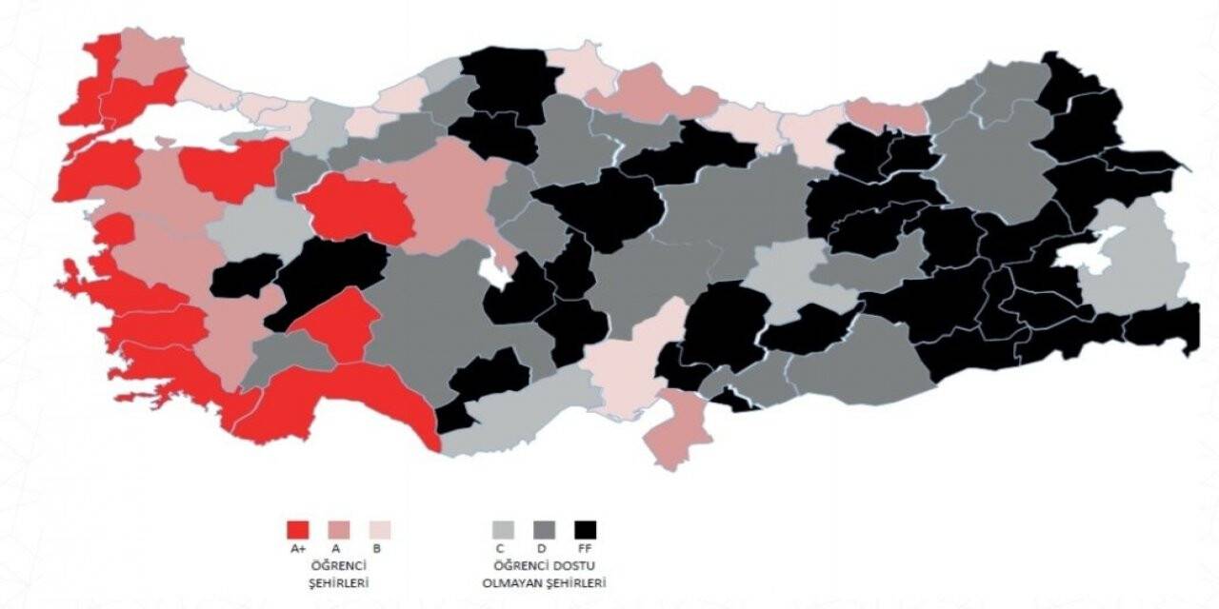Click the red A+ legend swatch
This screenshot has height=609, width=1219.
point(298,529)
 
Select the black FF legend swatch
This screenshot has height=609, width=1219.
point(585,529)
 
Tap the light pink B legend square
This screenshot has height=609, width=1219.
point(379,529)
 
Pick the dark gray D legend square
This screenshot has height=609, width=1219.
point(545,529)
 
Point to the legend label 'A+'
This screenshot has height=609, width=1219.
point(298,549)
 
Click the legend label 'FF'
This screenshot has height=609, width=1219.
point(585,549)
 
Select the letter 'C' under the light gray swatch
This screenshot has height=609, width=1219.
point(503,549)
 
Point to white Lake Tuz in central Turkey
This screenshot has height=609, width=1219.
point(494,270)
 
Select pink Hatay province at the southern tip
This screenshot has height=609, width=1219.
point(678,431)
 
